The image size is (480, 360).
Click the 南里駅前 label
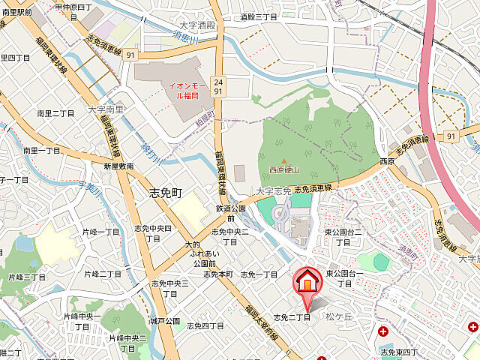(16, 13)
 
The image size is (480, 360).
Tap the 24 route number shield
(218, 81)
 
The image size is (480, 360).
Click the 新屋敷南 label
(118, 166)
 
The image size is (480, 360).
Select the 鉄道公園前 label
(231, 212)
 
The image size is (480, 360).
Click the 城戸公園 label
(165, 321)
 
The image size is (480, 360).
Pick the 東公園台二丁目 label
(343, 237)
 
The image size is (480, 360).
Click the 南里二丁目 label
(56, 113)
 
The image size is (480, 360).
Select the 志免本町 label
(218, 274)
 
